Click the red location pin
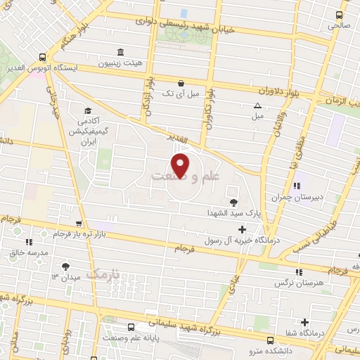tap(181, 166)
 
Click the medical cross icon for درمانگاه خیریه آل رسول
tap(243, 229)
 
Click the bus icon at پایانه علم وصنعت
tap(131, 327)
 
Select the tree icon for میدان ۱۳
tap(65, 266)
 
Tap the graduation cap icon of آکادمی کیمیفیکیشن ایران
tap(88, 111)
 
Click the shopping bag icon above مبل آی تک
tap(181, 82)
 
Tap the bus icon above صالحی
tap(340, 15)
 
